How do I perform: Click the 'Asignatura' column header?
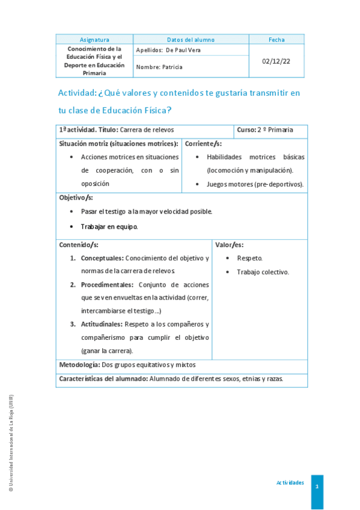pyautogui.click(x=94, y=40)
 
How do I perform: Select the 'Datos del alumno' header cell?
pyautogui.click(x=191, y=40)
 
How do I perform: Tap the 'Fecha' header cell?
pyautogui.click(x=276, y=40)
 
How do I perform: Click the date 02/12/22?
pyautogui.click(x=276, y=61)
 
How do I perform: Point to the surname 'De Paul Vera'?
pyautogui.click(x=183, y=51)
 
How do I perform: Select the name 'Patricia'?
pyautogui.click(x=172, y=67)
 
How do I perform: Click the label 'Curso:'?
pyautogui.click(x=246, y=130)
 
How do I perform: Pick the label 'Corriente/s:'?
pyautogui.click(x=203, y=144)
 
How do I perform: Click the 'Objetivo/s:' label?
pyautogui.click(x=76, y=197)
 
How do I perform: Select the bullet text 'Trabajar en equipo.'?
pyautogui.click(x=109, y=227)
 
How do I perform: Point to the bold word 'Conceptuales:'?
pyautogui.click(x=102, y=258)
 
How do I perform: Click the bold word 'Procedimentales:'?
pyautogui.click(x=107, y=284)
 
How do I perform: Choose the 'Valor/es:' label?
pyautogui.click(x=230, y=245)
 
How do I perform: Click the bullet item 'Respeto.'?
pyautogui.click(x=249, y=258)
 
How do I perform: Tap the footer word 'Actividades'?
pyautogui.click(x=290, y=483)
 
